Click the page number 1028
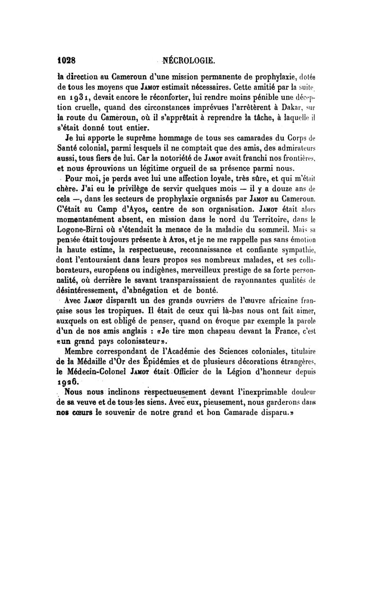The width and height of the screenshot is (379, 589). tap(67, 60)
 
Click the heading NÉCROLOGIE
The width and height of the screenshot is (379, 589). tap(189, 60)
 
